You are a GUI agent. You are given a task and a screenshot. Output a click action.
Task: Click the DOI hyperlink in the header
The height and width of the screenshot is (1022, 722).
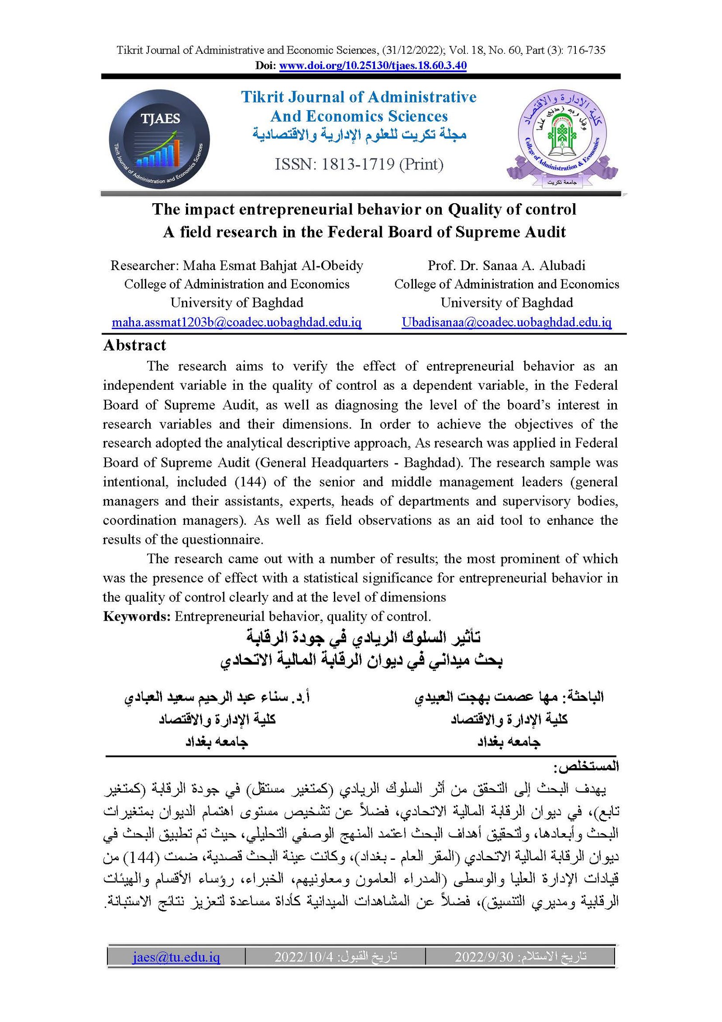coord(373,65)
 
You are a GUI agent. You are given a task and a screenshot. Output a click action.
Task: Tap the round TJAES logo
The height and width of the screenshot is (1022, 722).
coord(159,139)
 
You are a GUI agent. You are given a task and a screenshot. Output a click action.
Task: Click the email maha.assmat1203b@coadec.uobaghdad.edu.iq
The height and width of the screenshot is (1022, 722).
coord(236,322)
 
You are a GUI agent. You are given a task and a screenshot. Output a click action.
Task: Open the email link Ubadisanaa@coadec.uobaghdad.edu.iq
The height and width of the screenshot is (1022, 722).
coord(506,322)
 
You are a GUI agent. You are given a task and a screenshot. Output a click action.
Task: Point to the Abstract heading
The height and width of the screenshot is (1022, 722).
coord(134,345)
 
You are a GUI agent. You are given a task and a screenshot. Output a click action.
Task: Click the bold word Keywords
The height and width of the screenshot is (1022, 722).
coord(136,616)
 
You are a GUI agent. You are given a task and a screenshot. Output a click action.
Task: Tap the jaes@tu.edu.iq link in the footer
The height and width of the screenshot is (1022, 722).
coord(176,957)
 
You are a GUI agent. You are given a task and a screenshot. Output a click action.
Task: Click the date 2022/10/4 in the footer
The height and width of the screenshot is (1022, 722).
coord(303,957)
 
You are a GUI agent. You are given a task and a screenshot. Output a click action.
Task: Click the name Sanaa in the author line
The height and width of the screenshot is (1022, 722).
coord(500,266)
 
